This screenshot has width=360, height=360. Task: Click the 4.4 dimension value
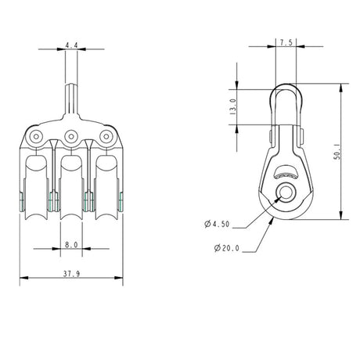tap(71, 46)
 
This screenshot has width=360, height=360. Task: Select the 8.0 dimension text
tap(71, 244)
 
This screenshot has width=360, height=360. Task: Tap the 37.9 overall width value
tap(71, 273)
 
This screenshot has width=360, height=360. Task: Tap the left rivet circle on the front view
tap(35, 139)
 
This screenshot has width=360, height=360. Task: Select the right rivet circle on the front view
tap(107, 139)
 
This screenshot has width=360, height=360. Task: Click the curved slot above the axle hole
tap(286, 173)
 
